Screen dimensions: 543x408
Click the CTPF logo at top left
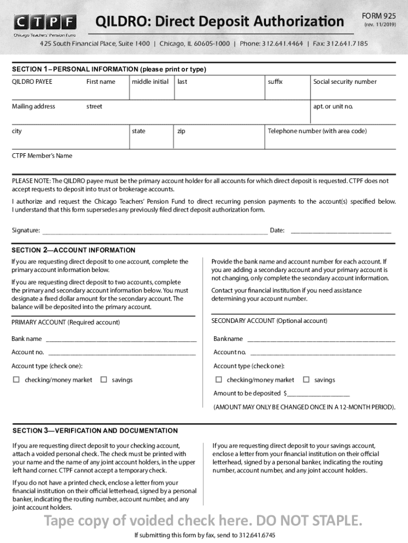point(45,24)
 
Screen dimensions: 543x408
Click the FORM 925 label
point(378,16)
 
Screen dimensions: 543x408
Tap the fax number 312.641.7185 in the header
point(347,43)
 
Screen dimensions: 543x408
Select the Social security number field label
point(344,82)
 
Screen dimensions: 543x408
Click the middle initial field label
point(150,82)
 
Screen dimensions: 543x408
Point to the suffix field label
point(276,82)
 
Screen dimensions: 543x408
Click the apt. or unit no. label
point(333,107)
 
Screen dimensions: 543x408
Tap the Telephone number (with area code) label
point(317,131)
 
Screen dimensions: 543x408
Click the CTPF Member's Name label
point(42,156)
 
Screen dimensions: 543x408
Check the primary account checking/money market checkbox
point(16,380)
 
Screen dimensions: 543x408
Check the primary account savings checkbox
point(104,380)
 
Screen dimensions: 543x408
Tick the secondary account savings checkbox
point(306,380)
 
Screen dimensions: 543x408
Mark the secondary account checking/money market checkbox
point(218,380)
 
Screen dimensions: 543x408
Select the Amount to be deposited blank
point(318,394)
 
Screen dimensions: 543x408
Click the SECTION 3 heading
point(95,431)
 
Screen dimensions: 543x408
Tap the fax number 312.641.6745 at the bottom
point(256,535)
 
